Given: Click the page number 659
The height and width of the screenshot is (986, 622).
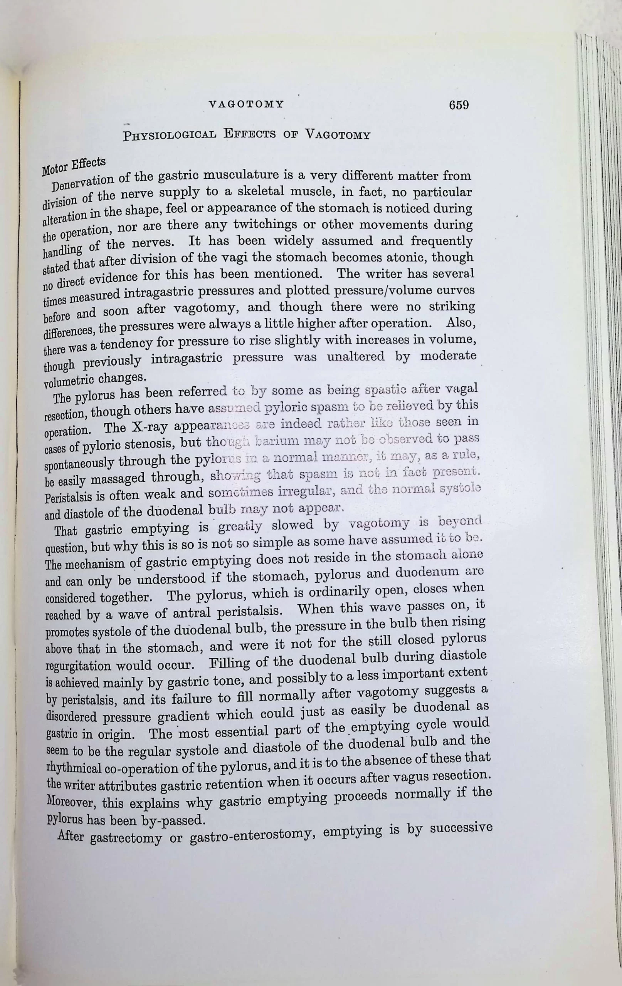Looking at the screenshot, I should (x=459, y=105).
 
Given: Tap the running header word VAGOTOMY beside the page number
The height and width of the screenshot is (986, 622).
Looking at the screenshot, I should (x=246, y=104).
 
